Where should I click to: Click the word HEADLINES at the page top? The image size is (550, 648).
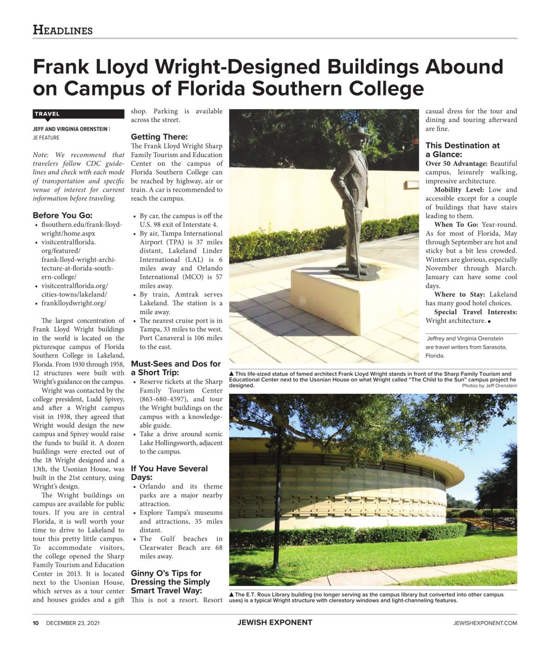(63, 30)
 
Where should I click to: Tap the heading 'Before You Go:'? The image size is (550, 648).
(62, 215)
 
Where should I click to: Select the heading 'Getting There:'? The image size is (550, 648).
(159, 137)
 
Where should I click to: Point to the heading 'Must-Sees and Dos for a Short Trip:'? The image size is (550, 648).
(176, 368)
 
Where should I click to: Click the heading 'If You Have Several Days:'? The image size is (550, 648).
(169, 473)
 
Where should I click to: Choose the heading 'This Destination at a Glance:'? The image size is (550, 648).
(462, 150)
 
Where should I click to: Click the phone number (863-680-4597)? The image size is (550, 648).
(165, 399)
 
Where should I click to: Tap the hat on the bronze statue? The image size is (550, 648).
(357, 132)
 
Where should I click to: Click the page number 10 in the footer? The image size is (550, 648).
(36, 623)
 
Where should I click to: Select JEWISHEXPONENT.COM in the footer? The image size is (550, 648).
(485, 623)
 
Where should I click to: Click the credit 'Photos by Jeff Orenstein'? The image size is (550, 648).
(489, 386)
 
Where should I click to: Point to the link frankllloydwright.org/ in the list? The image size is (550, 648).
(73, 303)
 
